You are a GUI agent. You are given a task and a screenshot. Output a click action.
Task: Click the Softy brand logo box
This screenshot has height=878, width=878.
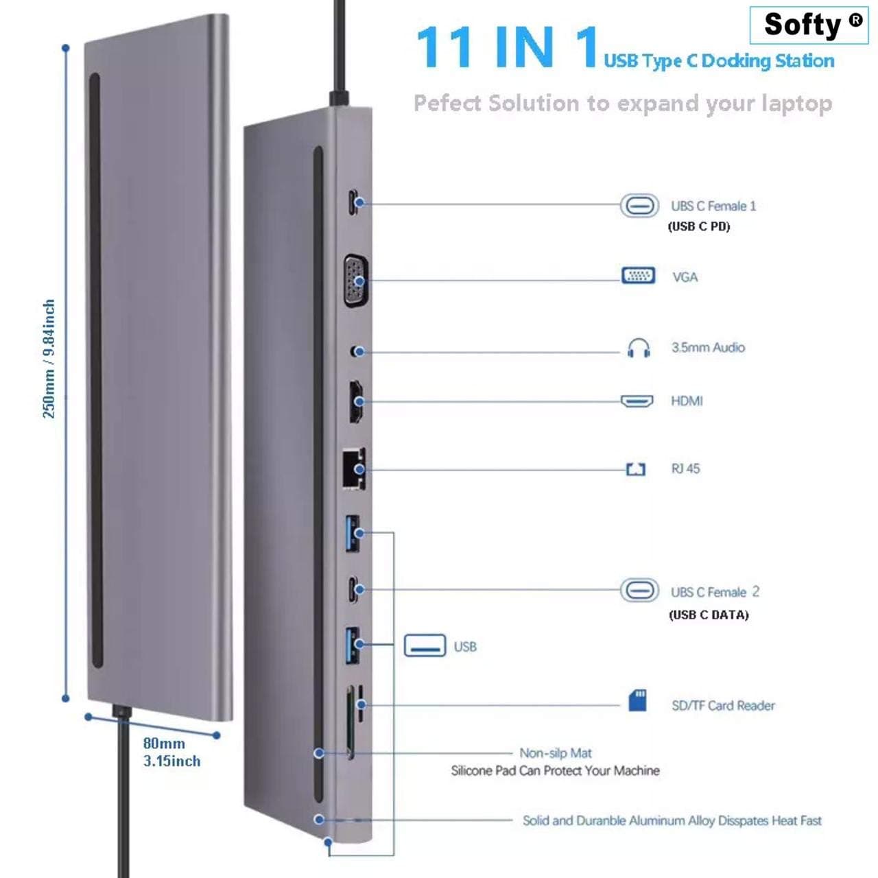click(x=809, y=25)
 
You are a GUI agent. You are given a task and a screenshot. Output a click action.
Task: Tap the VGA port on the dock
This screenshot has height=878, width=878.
click(x=356, y=281)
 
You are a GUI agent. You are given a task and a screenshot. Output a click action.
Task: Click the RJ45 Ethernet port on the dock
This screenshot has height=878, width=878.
click(x=353, y=469)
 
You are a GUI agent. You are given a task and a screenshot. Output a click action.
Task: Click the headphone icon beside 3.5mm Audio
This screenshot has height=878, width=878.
click(x=639, y=348)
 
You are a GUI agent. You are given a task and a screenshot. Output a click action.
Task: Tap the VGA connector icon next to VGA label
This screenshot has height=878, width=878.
click(x=639, y=276)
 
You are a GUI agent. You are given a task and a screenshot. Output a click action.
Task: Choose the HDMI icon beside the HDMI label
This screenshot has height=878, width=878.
click(x=637, y=401)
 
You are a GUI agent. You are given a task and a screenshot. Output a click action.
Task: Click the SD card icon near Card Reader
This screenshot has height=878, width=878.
click(x=637, y=700)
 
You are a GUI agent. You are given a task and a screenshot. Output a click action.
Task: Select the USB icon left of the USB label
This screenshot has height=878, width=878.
click(x=425, y=645)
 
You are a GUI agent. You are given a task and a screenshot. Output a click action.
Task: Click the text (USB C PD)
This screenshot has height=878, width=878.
click(x=698, y=226)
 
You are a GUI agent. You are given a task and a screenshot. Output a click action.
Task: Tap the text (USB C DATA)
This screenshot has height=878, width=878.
click(x=709, y=615)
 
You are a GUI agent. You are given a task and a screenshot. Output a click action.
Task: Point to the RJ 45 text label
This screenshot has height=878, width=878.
click(x=685, y=468)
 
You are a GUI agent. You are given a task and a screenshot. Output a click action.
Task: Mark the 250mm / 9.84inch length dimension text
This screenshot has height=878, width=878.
click(x=48, y=359)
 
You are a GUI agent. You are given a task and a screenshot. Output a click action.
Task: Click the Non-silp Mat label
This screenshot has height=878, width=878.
click(x=556, y=752)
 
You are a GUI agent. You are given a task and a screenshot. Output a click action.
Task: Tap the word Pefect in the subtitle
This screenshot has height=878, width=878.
click(x=447, y=103)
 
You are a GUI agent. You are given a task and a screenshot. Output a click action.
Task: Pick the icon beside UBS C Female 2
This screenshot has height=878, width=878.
click(x=639, y=590)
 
